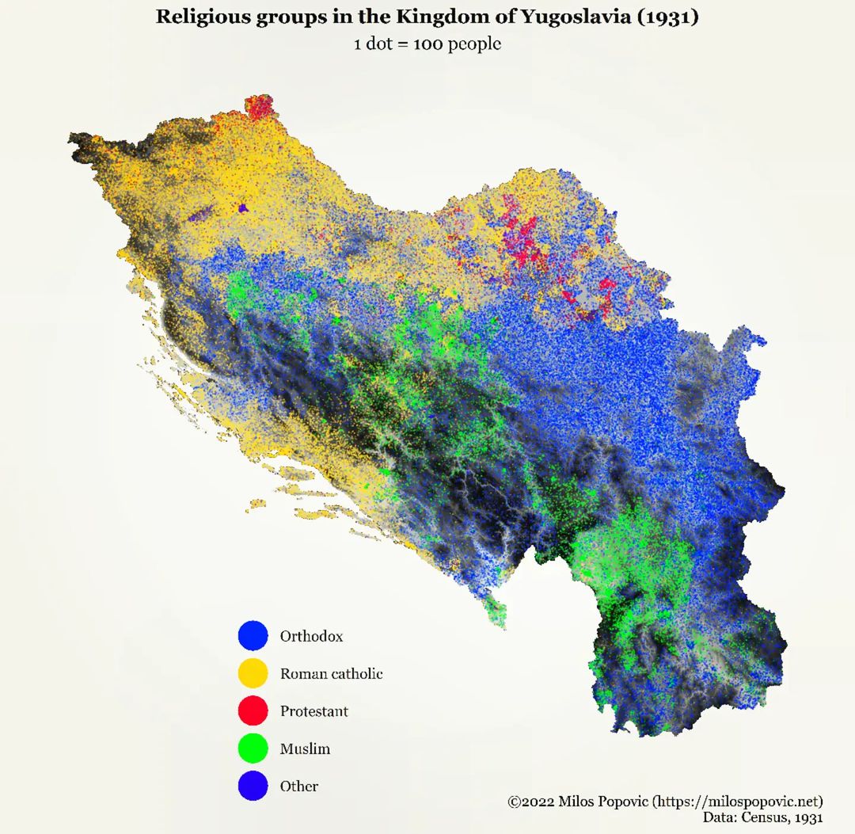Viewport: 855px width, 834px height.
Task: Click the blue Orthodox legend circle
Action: tap(253, 635)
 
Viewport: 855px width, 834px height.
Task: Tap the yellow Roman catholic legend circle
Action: tap(253, 673)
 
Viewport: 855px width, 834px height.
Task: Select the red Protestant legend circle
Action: tap(253, 710)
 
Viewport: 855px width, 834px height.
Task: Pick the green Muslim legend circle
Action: tap(253, 748)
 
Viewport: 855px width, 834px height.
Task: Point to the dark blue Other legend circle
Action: tap(253, 786)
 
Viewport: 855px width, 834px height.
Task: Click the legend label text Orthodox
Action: tap(311, 636)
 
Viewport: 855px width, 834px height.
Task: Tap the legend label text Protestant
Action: tap(313, 711)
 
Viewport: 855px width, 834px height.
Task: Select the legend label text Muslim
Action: tap(305, 748)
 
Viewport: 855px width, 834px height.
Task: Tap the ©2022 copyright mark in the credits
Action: tap(530, 802)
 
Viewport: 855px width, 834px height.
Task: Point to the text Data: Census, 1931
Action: tap(762, 817)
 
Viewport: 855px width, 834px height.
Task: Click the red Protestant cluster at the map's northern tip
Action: tap(259, 106)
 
